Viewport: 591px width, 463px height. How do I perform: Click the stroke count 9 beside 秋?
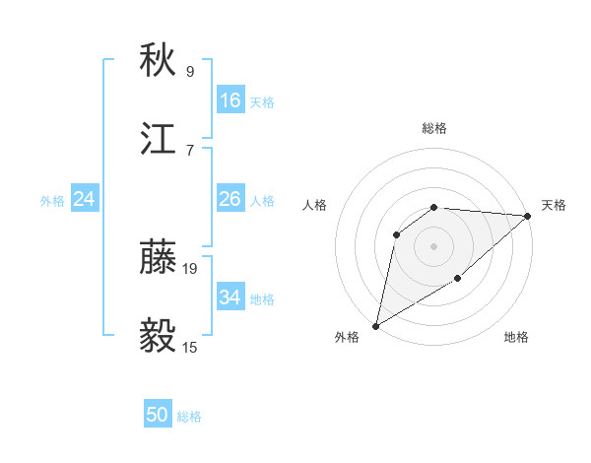click(x=190, y=71)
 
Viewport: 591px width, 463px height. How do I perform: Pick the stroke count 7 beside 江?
click(x=190, y=150)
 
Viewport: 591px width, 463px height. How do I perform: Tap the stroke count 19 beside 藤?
click(x=191, y=268)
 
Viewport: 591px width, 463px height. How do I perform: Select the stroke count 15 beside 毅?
click(x=191, y=347)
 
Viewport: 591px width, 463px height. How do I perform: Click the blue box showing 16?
click(x=230, y=100)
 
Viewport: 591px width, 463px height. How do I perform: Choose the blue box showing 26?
click(x=230, y=199)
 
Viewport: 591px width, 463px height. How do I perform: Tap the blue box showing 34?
click(x=230, y=298)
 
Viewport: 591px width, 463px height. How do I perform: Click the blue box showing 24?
click(x=85, y=199)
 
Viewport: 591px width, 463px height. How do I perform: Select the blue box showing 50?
click(x=158, y=415)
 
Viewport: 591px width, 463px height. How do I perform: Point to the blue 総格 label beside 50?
click(x=189, y=417)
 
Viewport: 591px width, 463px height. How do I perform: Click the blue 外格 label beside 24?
click(x=52, y=201)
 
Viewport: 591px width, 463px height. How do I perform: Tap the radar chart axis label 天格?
click(x=554, y=205)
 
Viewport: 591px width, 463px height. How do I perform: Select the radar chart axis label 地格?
click(x=516, y=338)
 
